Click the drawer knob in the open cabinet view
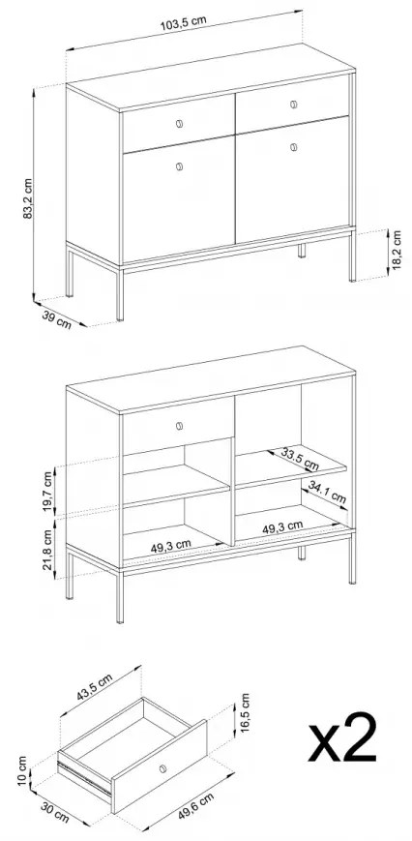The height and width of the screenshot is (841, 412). [179, 425]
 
